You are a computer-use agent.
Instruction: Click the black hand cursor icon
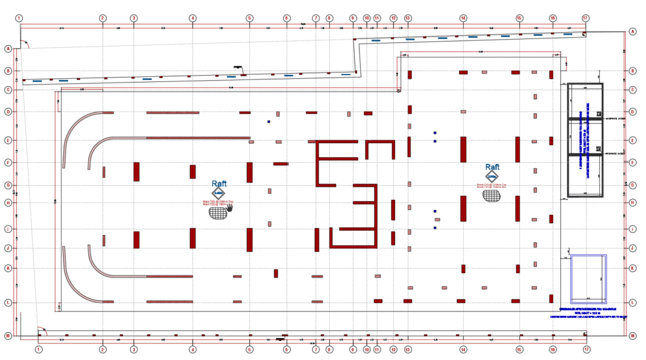point(230,207)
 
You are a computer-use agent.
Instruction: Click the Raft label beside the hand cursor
point(219,183)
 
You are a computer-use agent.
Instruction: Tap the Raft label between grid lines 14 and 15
point(492,167)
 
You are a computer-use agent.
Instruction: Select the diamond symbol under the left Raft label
point(218,194)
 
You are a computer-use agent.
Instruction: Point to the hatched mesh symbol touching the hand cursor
point(218,213)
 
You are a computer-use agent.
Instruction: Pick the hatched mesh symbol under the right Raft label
point(492,195)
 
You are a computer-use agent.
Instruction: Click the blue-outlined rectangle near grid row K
point(589,277)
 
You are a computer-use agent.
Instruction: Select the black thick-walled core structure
point(585,139)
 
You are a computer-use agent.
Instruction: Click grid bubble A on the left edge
point(8,49)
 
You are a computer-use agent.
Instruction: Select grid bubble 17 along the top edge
point(586,18)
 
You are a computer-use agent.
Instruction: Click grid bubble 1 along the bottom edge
point(38,349)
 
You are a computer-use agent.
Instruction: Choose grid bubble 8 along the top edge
point(329,18)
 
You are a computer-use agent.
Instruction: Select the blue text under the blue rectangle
point(587,312)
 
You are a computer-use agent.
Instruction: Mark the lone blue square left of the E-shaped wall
point(268,122)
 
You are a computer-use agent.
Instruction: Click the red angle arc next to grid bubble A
point(23,44)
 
